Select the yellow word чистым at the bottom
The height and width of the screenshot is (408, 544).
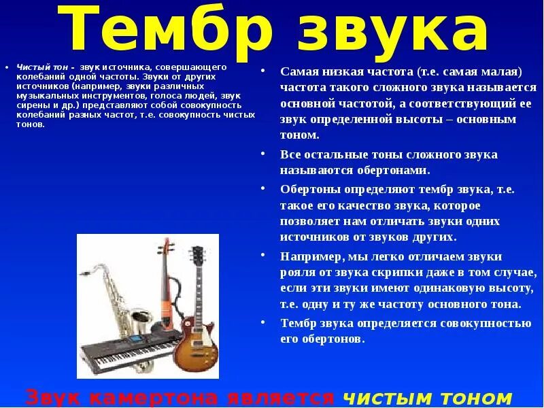pos(384,397)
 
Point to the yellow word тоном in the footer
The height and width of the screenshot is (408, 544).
pos(476,397)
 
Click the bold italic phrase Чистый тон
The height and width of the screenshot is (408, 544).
pos(44,68)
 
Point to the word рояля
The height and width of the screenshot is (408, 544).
pos(296,272)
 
